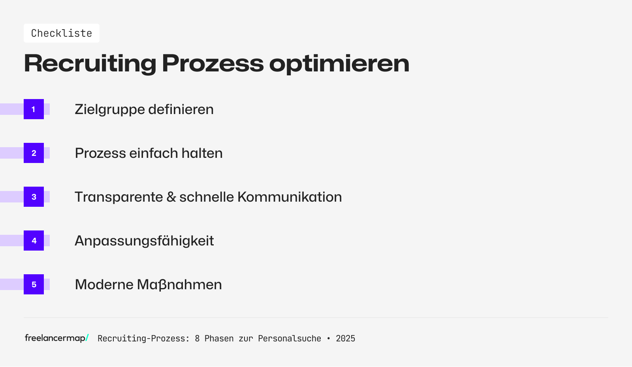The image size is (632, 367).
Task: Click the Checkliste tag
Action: point(61,33)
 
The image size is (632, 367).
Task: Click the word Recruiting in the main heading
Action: point(90,63)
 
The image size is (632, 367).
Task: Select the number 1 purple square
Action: point(34,109)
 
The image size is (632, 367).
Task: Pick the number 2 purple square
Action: point(34,153)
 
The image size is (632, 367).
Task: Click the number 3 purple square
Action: point(34,197)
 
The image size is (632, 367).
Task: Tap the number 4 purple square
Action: point(34,241)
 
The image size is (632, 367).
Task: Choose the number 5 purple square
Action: point(34,285)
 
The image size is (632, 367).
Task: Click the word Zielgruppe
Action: point(110,110)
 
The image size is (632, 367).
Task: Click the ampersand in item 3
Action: point(171,197)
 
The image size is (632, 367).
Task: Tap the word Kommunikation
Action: point(290,197)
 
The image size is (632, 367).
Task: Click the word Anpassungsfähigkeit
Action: point(144,241)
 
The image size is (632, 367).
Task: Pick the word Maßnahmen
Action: point(179,285)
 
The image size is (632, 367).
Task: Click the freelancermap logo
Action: point(56,338)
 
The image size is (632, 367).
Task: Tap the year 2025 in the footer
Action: point(345,339)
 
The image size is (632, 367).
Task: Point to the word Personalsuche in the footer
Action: point(290,339)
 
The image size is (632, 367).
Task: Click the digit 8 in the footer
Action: point(197,339)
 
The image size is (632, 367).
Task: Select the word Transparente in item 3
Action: point(118,197)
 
